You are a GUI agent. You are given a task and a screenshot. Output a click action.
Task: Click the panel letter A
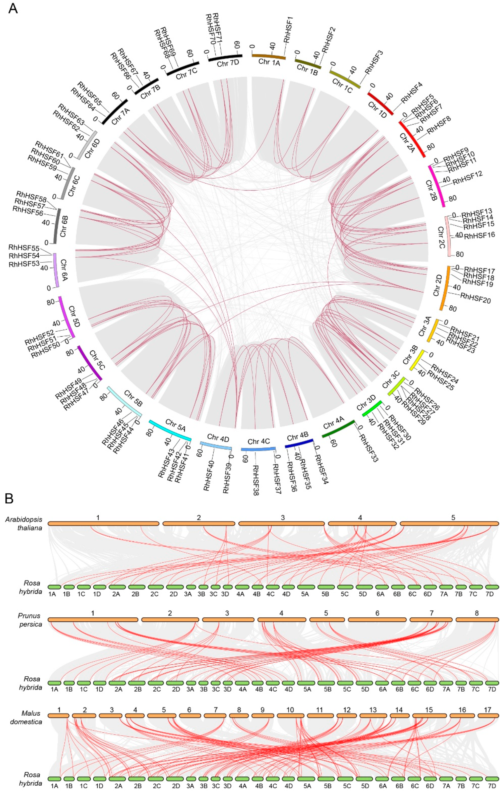(13, 8)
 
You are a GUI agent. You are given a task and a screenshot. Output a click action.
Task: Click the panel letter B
(9, 499)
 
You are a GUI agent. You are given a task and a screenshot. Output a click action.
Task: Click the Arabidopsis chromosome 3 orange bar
(282, 523)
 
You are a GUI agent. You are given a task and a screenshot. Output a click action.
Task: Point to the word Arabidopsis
(24, 519)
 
